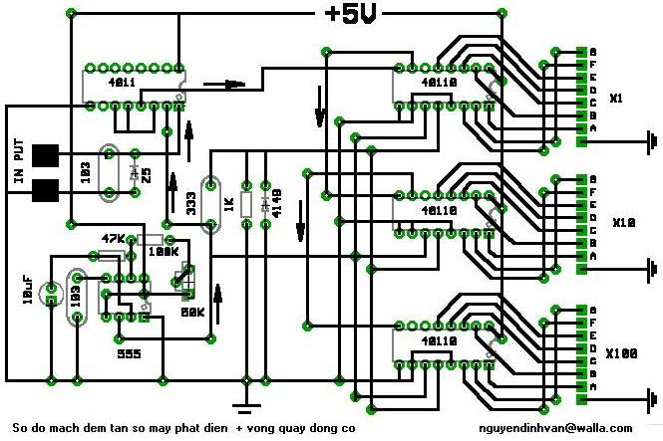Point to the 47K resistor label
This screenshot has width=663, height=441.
pos(115,239)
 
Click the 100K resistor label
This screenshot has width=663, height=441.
pos(162,251)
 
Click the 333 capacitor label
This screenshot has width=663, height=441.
pos(188,203)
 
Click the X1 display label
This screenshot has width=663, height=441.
pos(616,99)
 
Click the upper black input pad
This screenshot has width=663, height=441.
pos(44,156)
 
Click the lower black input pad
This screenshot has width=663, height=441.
pos(44,188)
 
